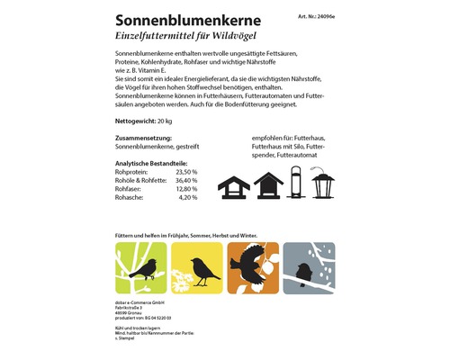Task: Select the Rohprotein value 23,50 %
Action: [184, 171]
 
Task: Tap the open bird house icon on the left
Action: [234, 185]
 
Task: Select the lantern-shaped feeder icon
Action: [324, 184]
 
